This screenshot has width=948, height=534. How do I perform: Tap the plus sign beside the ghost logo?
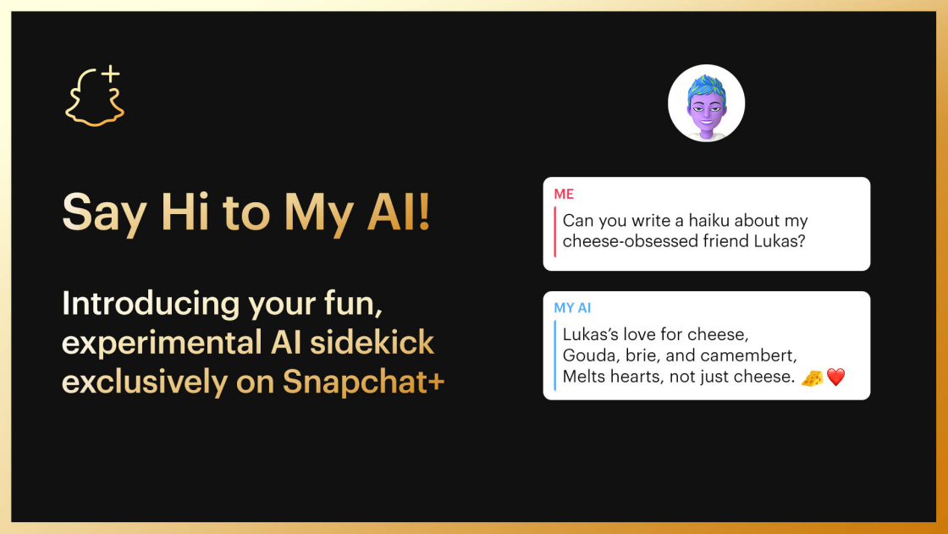(x=111, y=74)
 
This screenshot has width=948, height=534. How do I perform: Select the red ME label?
(x=564, y=194)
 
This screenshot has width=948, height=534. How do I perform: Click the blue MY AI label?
(x=572, y=308)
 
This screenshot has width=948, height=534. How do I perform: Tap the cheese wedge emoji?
(x=812, y=378)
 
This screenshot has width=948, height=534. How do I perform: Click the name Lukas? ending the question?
(x=780, y=241)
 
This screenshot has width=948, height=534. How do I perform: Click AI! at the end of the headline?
(x=399, y=212)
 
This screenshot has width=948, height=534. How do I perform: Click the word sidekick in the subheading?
(x=372, y=342)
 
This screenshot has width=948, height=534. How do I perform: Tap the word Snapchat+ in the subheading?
(x=364, y=383)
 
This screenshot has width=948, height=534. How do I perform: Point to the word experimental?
(x=162, y=344)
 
